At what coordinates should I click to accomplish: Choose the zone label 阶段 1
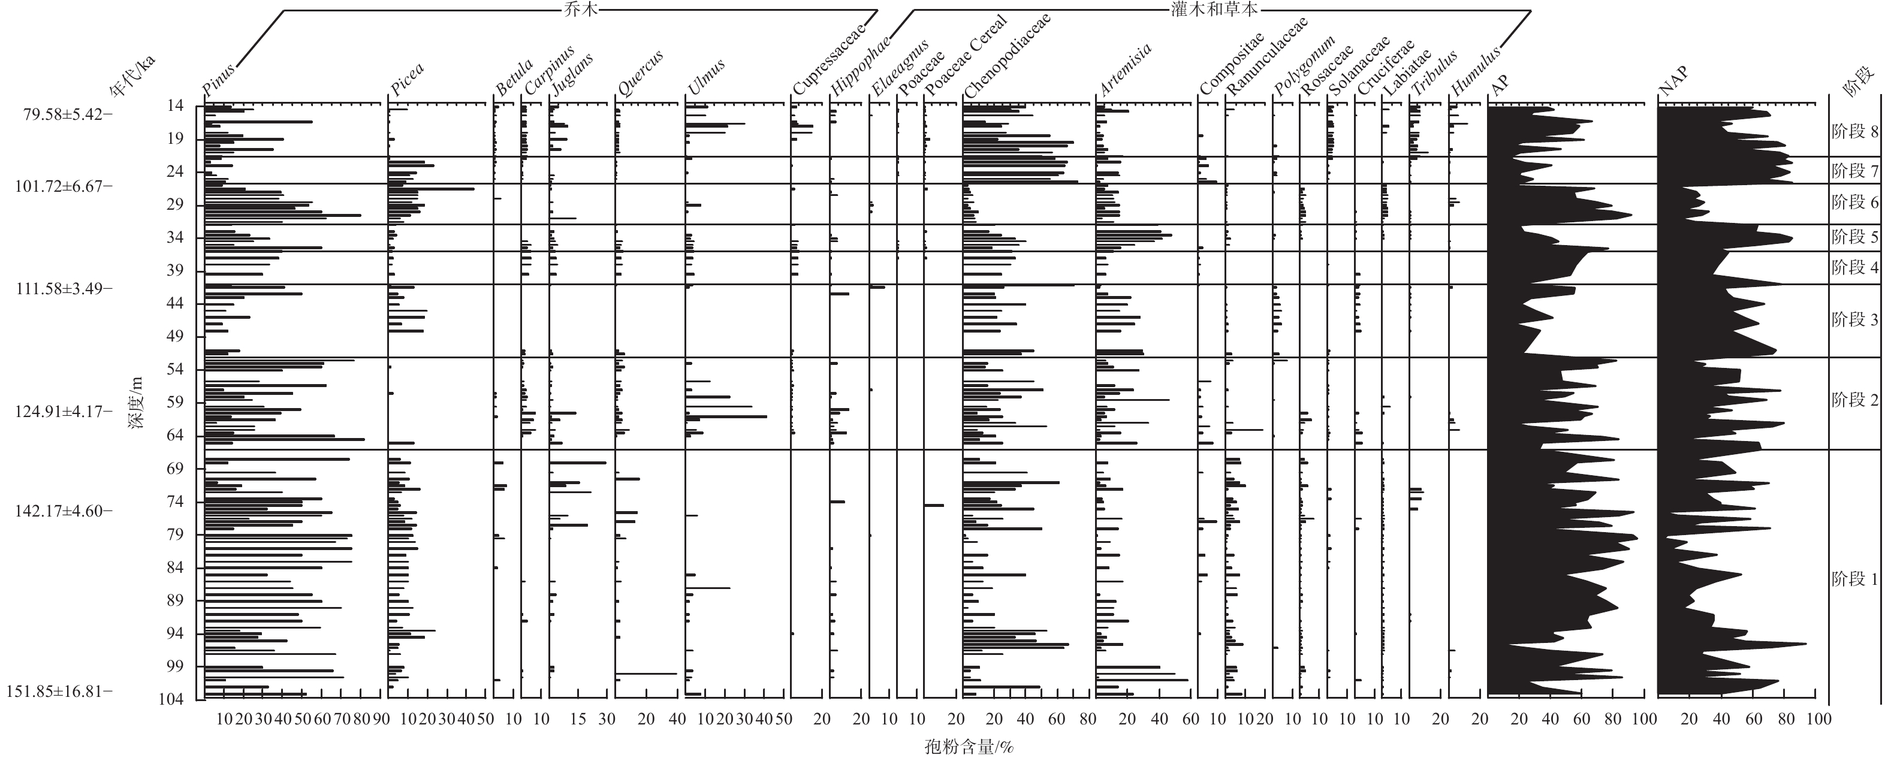[x=1854, y=579]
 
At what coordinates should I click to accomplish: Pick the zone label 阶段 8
[x=1854, y=132]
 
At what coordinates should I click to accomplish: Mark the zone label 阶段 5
[x=1854, y=237]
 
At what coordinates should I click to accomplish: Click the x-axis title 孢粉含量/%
[x=968, y=747]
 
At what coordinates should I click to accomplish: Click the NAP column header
[x=1673, y=81]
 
